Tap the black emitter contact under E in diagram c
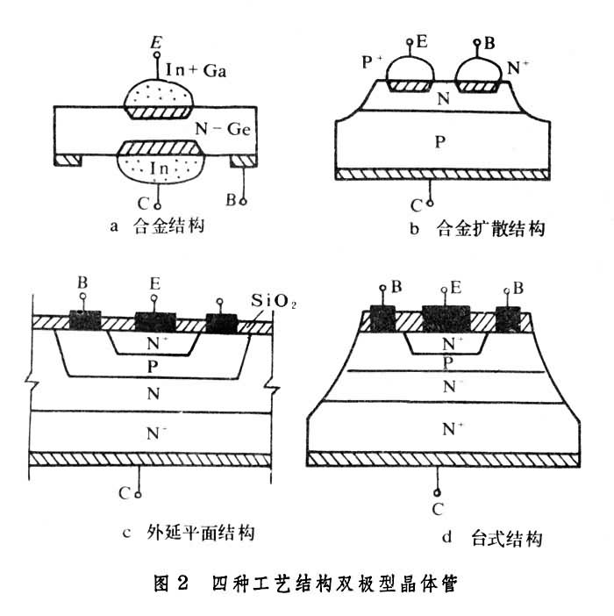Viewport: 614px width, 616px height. click(155, 322)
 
